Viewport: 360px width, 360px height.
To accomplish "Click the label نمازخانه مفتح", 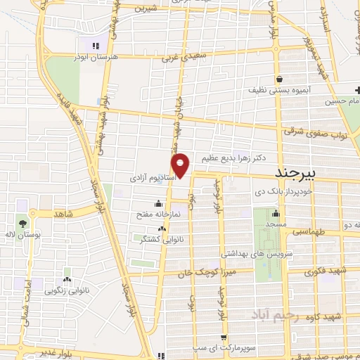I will (169, 212).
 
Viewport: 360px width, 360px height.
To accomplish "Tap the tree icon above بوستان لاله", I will (24, 223).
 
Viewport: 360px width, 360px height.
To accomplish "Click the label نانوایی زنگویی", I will (67, 290).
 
